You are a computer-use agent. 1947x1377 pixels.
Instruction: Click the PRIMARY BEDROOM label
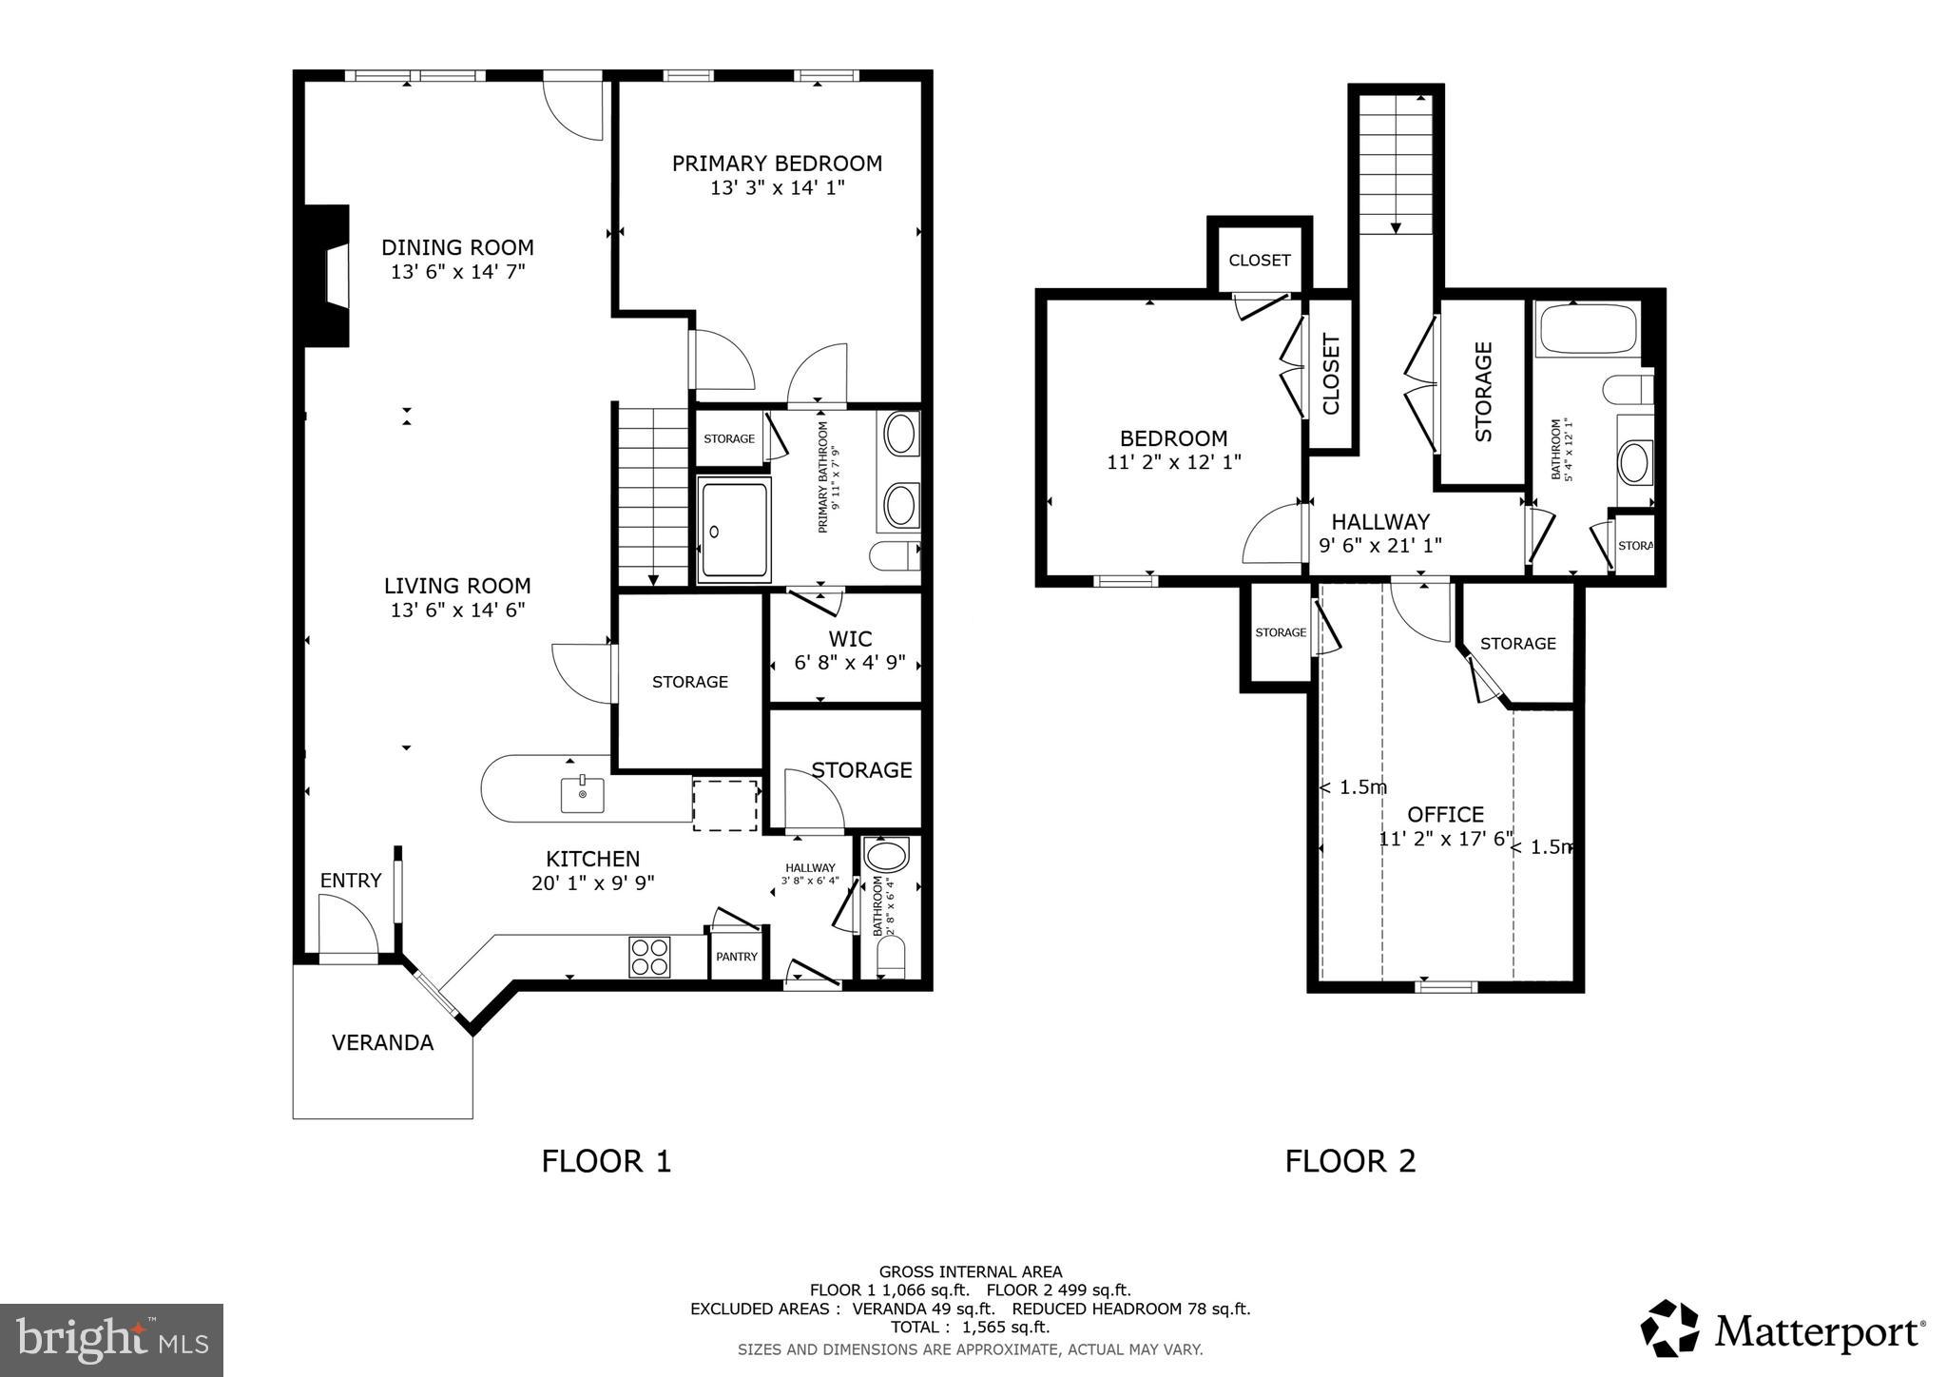coord(777,164)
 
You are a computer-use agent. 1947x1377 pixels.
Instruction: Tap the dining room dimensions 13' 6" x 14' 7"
coord(457,272)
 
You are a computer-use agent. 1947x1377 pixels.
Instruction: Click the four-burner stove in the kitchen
coord(649,957)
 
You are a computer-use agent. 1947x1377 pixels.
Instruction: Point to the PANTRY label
coord(737,957)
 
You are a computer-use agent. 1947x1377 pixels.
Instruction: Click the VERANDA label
coord(382,1042)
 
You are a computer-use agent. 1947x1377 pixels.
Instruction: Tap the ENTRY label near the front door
coord(350,881)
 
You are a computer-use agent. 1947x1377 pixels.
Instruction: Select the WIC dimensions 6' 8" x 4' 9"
coord(849,663)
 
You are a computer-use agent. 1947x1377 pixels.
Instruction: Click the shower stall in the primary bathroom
coord(733,530)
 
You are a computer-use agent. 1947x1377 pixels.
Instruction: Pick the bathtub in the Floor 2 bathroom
coord(1587,330)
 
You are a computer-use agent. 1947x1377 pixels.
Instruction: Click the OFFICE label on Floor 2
coord(1445,814)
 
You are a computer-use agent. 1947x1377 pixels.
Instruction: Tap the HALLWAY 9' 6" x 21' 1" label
coord(1380,533)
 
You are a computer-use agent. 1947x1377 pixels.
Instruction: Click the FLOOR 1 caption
coord(607,1161)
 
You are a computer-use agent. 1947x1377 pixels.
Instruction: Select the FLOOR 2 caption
coord(1350,1161)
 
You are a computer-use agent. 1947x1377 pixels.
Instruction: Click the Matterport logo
coord(1783,1329)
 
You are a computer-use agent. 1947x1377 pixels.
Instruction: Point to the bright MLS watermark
coord(111,1340)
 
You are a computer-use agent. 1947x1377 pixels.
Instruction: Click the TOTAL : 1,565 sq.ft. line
coord(970,1328)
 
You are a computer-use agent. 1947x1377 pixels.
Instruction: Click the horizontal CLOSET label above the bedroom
coord(1259,261)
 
